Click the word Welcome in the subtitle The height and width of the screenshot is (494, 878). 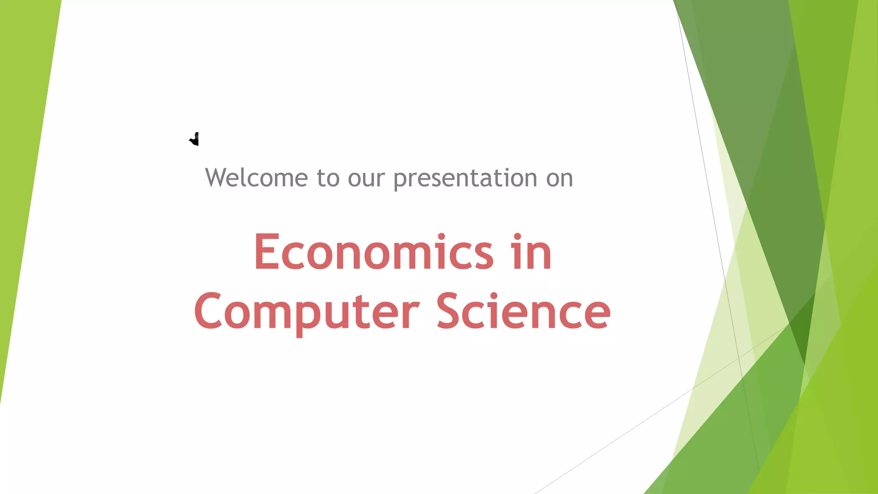point(256,178)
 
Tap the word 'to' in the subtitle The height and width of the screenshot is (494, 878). point(328,178)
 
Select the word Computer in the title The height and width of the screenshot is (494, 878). point(307,312)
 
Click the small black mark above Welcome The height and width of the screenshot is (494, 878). point(195,139)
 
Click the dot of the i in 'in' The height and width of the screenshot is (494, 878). point(517,237)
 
